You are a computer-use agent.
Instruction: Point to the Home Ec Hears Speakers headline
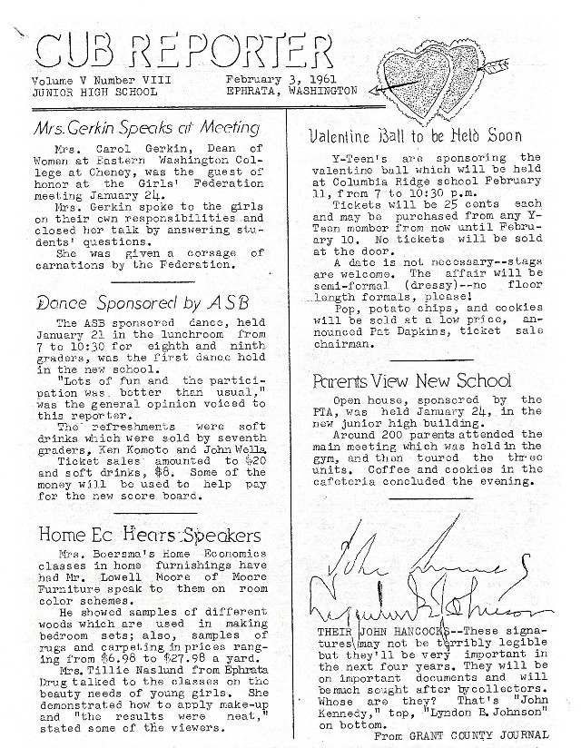[x=150, y=535]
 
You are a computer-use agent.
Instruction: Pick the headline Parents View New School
[x=411, y=380]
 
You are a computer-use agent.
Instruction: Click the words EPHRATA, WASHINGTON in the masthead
[x=292, y=91]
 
